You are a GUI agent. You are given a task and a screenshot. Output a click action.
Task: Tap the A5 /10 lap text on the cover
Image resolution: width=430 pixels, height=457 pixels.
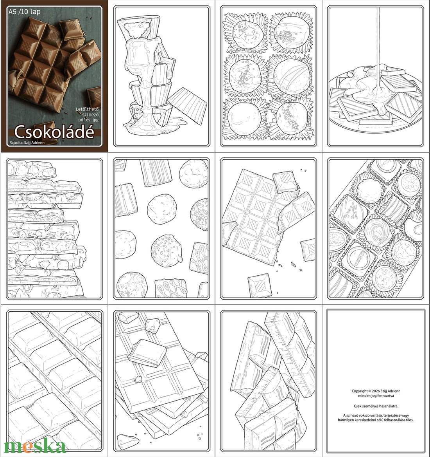click(x=24, y=12)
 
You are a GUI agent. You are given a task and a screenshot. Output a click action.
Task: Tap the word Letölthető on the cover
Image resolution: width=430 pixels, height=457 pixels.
click(x=88, y=107)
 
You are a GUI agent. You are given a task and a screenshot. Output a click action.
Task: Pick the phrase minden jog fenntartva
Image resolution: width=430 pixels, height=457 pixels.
click(x=375, y=396)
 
